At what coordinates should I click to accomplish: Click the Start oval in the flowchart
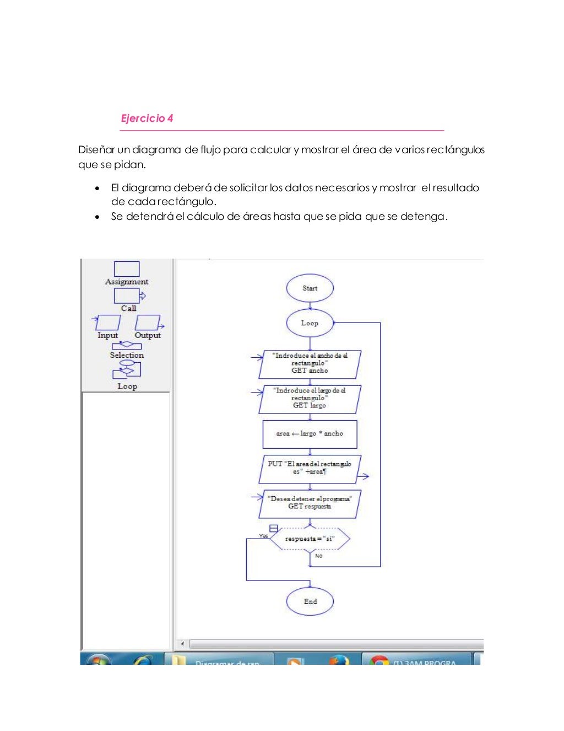tap(310, 288)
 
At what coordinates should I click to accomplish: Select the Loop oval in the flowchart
tap(310, 323)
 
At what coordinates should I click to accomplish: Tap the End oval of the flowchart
tap(310, 601)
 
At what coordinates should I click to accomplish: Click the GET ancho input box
tap(310, 364)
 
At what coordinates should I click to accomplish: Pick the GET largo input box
tap(310, 399)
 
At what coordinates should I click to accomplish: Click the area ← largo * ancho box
tap(310, 434)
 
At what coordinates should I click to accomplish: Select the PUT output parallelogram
tap(310, 469)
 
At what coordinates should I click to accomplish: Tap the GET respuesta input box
tap(310, 503)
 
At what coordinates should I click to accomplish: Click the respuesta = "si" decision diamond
tap(310, 539)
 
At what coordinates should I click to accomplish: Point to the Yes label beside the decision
tap(264, 536)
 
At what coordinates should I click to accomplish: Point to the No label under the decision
tap(319, 556)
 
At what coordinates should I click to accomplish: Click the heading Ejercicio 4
tap(147, 118)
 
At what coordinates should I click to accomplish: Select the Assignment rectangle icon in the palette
tap(127, 268)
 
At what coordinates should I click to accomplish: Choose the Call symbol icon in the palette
tap(128, 296)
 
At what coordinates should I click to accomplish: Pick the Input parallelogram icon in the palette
tap(108, 322)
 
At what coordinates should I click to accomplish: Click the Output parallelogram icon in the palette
tap(148, 322)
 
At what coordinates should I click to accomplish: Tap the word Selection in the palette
tap(127, 355)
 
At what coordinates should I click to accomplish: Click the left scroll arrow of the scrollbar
tap(182, 643)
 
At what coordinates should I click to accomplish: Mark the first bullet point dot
tap(97, 188)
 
